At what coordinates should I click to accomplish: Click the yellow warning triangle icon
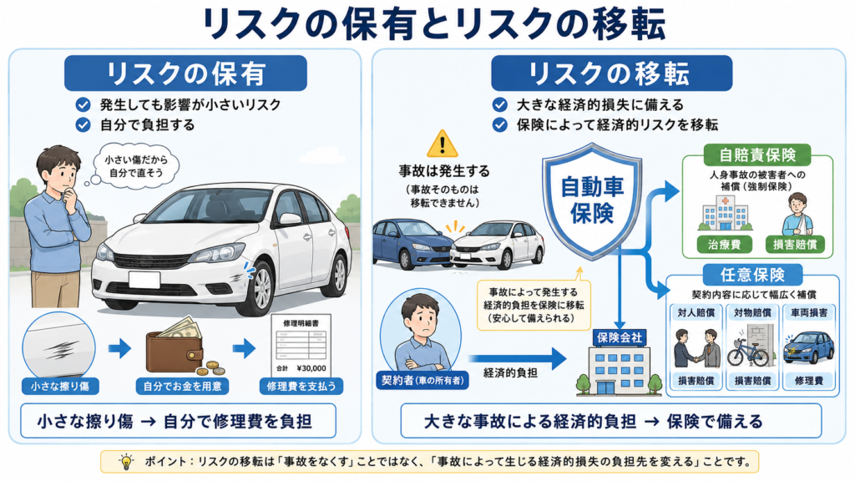(x=443, y=144)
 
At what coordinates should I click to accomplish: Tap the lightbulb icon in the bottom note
(x=126, y=461)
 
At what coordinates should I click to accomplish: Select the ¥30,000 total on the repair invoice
(x=311, y=368)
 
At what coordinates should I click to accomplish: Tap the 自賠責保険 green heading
(x=757, y=154)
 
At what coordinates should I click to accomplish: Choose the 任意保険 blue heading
(x=752, y=274)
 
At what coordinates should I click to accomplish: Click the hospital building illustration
(x=726, y=214)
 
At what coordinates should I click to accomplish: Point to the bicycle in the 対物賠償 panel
(x=748, y=353)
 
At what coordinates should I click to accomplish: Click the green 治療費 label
(x=725, y=245)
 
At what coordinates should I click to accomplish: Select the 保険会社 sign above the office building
(x=620, y=337)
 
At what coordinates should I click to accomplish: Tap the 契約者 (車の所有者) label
(x=422, y=380)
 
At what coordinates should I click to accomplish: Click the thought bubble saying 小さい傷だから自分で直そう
(x=136, y=166)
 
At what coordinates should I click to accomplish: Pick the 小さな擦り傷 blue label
(x=60, y=386)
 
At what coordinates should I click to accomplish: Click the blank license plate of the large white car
(x=144, y=280)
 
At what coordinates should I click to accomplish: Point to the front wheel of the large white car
(x=261, y=287)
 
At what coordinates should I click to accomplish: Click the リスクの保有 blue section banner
(x=185, y=73)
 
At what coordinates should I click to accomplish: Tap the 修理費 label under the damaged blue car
(x=809, y=381)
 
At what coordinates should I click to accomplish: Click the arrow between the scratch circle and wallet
(x=119, y=348)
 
